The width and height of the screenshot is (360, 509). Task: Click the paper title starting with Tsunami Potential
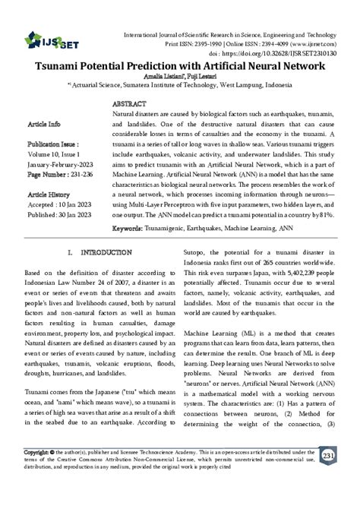coord(180,67)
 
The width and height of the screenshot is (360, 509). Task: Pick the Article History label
coord(49,194)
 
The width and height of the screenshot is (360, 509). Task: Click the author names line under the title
coord(179,78)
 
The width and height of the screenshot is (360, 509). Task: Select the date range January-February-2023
coord(61,163)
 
